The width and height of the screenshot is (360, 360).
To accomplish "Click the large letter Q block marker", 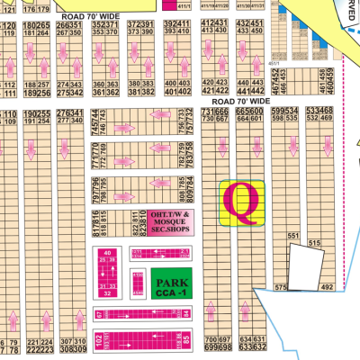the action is [242, 202].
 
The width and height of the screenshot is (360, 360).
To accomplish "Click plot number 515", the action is [314, 243].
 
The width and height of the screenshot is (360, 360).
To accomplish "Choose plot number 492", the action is [327, 288].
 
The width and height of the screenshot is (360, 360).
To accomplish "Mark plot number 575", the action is [279, 288].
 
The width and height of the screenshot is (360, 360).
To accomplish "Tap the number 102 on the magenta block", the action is [97, 338].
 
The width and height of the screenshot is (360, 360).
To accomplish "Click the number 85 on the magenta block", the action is [186, 339].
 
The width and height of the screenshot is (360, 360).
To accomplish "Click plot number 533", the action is [310, 111].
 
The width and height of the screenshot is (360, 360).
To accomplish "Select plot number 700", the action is [212, 337].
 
